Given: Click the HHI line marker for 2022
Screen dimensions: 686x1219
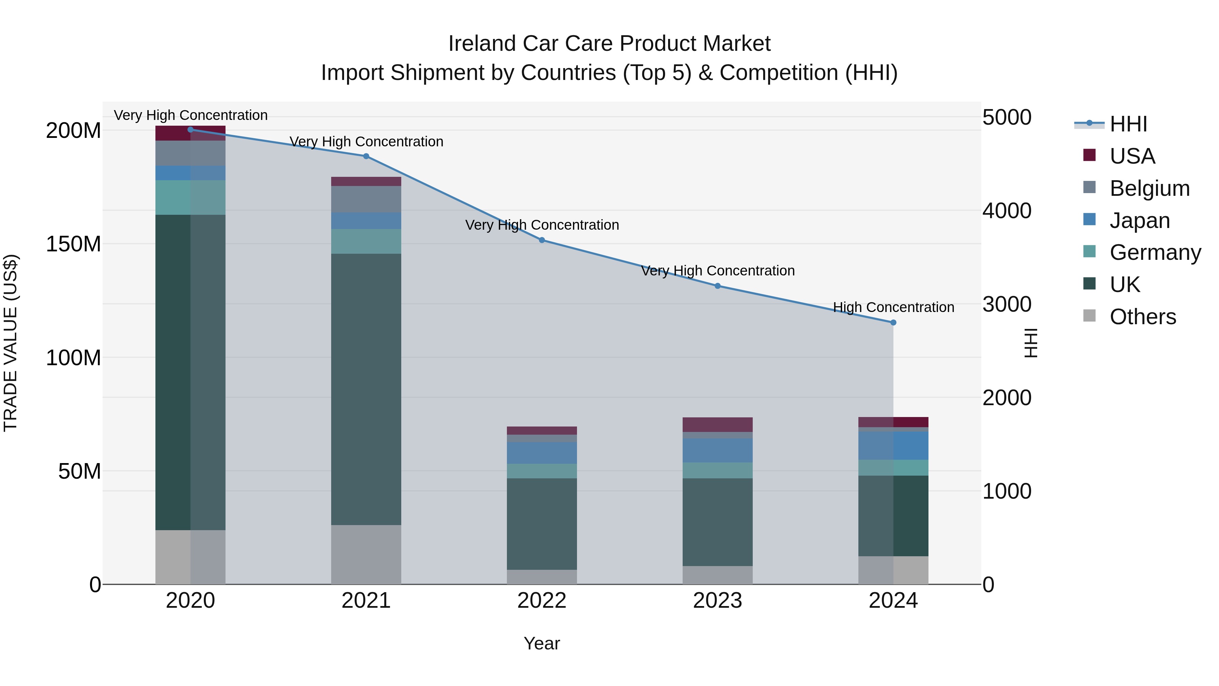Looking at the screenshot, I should [x=542, y=240].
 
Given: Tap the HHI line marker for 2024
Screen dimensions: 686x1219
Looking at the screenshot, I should [x=893, y=323].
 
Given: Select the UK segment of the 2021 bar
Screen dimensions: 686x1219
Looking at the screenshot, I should [x=366, y=389].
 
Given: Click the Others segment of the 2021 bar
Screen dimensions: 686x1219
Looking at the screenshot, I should [x=366, y=554].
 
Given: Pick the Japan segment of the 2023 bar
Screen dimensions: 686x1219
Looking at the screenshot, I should [x=718, y=450].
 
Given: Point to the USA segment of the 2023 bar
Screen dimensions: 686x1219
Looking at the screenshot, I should [x=718, y=424].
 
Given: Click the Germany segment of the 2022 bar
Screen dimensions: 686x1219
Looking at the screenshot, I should [x=542, y=471].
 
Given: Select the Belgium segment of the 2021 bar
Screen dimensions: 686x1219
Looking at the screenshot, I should [x=366, y=199].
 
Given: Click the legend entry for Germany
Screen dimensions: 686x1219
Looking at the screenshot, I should [x=1155, y=252].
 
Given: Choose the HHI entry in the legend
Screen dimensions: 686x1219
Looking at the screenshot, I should [x=1128, y=124].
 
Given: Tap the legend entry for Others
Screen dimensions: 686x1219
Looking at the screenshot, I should [x=1142, y=317].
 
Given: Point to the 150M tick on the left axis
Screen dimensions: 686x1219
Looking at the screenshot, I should [x=73, y=244].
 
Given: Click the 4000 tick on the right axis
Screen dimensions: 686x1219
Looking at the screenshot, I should [x=1007, y=211].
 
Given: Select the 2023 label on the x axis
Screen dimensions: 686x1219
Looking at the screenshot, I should [x=718, y=601].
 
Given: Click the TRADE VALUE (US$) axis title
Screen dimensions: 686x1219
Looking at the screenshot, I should [x=10, y=343].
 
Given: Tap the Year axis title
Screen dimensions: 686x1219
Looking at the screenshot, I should [x=542, y=643].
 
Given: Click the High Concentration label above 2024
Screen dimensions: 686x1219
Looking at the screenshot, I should [x=893, y=307].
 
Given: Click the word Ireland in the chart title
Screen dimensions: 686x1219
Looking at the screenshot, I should [x=482, y=44].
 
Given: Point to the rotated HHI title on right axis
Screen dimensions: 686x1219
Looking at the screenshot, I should [x=1030, y=343].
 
